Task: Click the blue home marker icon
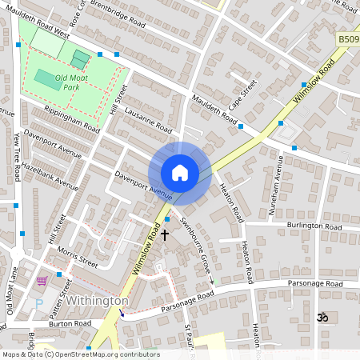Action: [180, 173]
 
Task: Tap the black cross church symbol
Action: [166, 235]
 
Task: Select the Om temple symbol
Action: [322, 318]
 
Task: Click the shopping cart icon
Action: [42, 281]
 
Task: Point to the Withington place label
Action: [98, 301]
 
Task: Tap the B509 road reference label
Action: [347, 38]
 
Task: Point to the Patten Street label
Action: [67, 294]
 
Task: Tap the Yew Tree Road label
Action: [16, 151]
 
